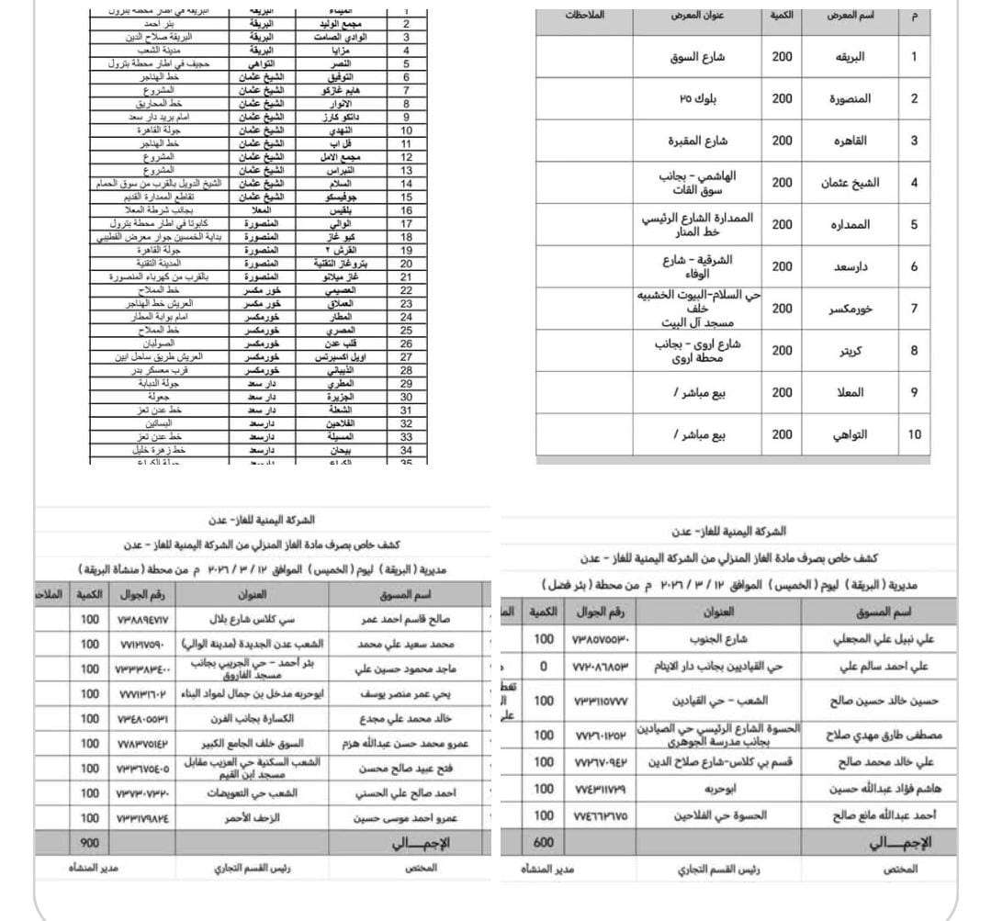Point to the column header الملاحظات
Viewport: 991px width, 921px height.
(586, 17)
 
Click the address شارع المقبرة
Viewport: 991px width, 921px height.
(697, 140)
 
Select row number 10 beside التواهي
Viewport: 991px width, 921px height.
(914, 434)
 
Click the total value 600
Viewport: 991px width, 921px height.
(544, 842)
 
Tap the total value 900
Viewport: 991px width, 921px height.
(89, 842)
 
